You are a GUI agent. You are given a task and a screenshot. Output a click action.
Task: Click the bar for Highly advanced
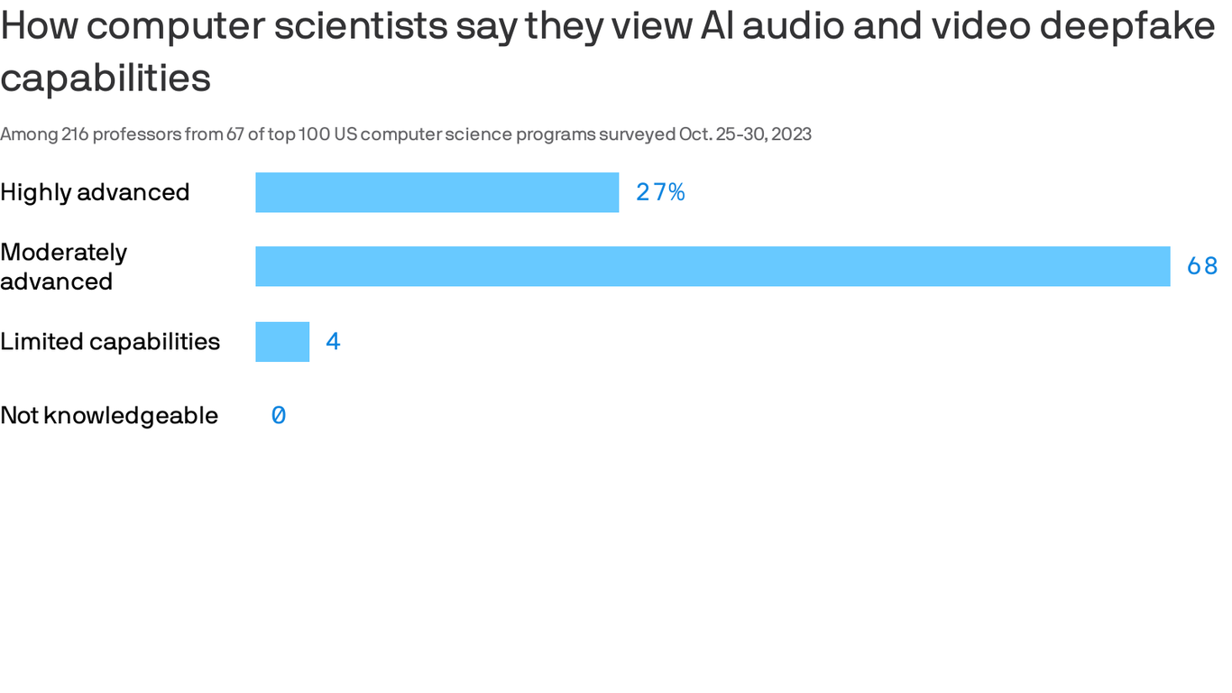coord(437,192)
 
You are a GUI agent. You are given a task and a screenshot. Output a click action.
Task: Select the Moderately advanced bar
coord(713,266)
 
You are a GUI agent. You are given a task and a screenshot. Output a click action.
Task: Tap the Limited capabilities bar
coord(282,342)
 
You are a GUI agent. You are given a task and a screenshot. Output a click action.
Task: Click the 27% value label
coord(660,192)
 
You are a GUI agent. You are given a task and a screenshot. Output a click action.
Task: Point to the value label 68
coord(1202,266)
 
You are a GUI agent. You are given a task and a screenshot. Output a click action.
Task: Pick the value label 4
coord(333,342)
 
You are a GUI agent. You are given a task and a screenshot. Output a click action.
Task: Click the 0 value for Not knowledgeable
coord(279,416)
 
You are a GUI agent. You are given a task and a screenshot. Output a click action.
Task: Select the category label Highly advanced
coord(95,192)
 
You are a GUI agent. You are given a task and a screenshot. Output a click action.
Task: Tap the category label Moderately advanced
coord(63,266)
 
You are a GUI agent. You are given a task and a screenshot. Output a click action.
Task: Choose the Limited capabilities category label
coord(110,342)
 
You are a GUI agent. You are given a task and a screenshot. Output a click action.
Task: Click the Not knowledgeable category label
coord(109,416)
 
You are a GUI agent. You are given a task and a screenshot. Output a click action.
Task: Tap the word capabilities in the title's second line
coord(106,79)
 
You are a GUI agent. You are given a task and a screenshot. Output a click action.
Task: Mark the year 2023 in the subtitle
coord(791,134)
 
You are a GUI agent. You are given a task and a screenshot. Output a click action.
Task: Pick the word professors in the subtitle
coord(134,134)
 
